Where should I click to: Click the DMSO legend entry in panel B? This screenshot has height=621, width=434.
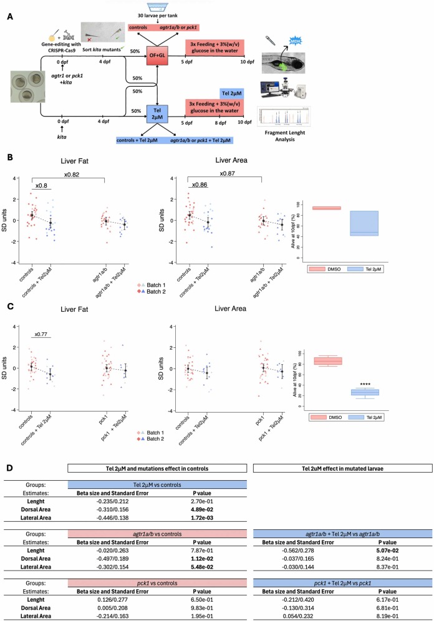[x=328, y=270]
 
